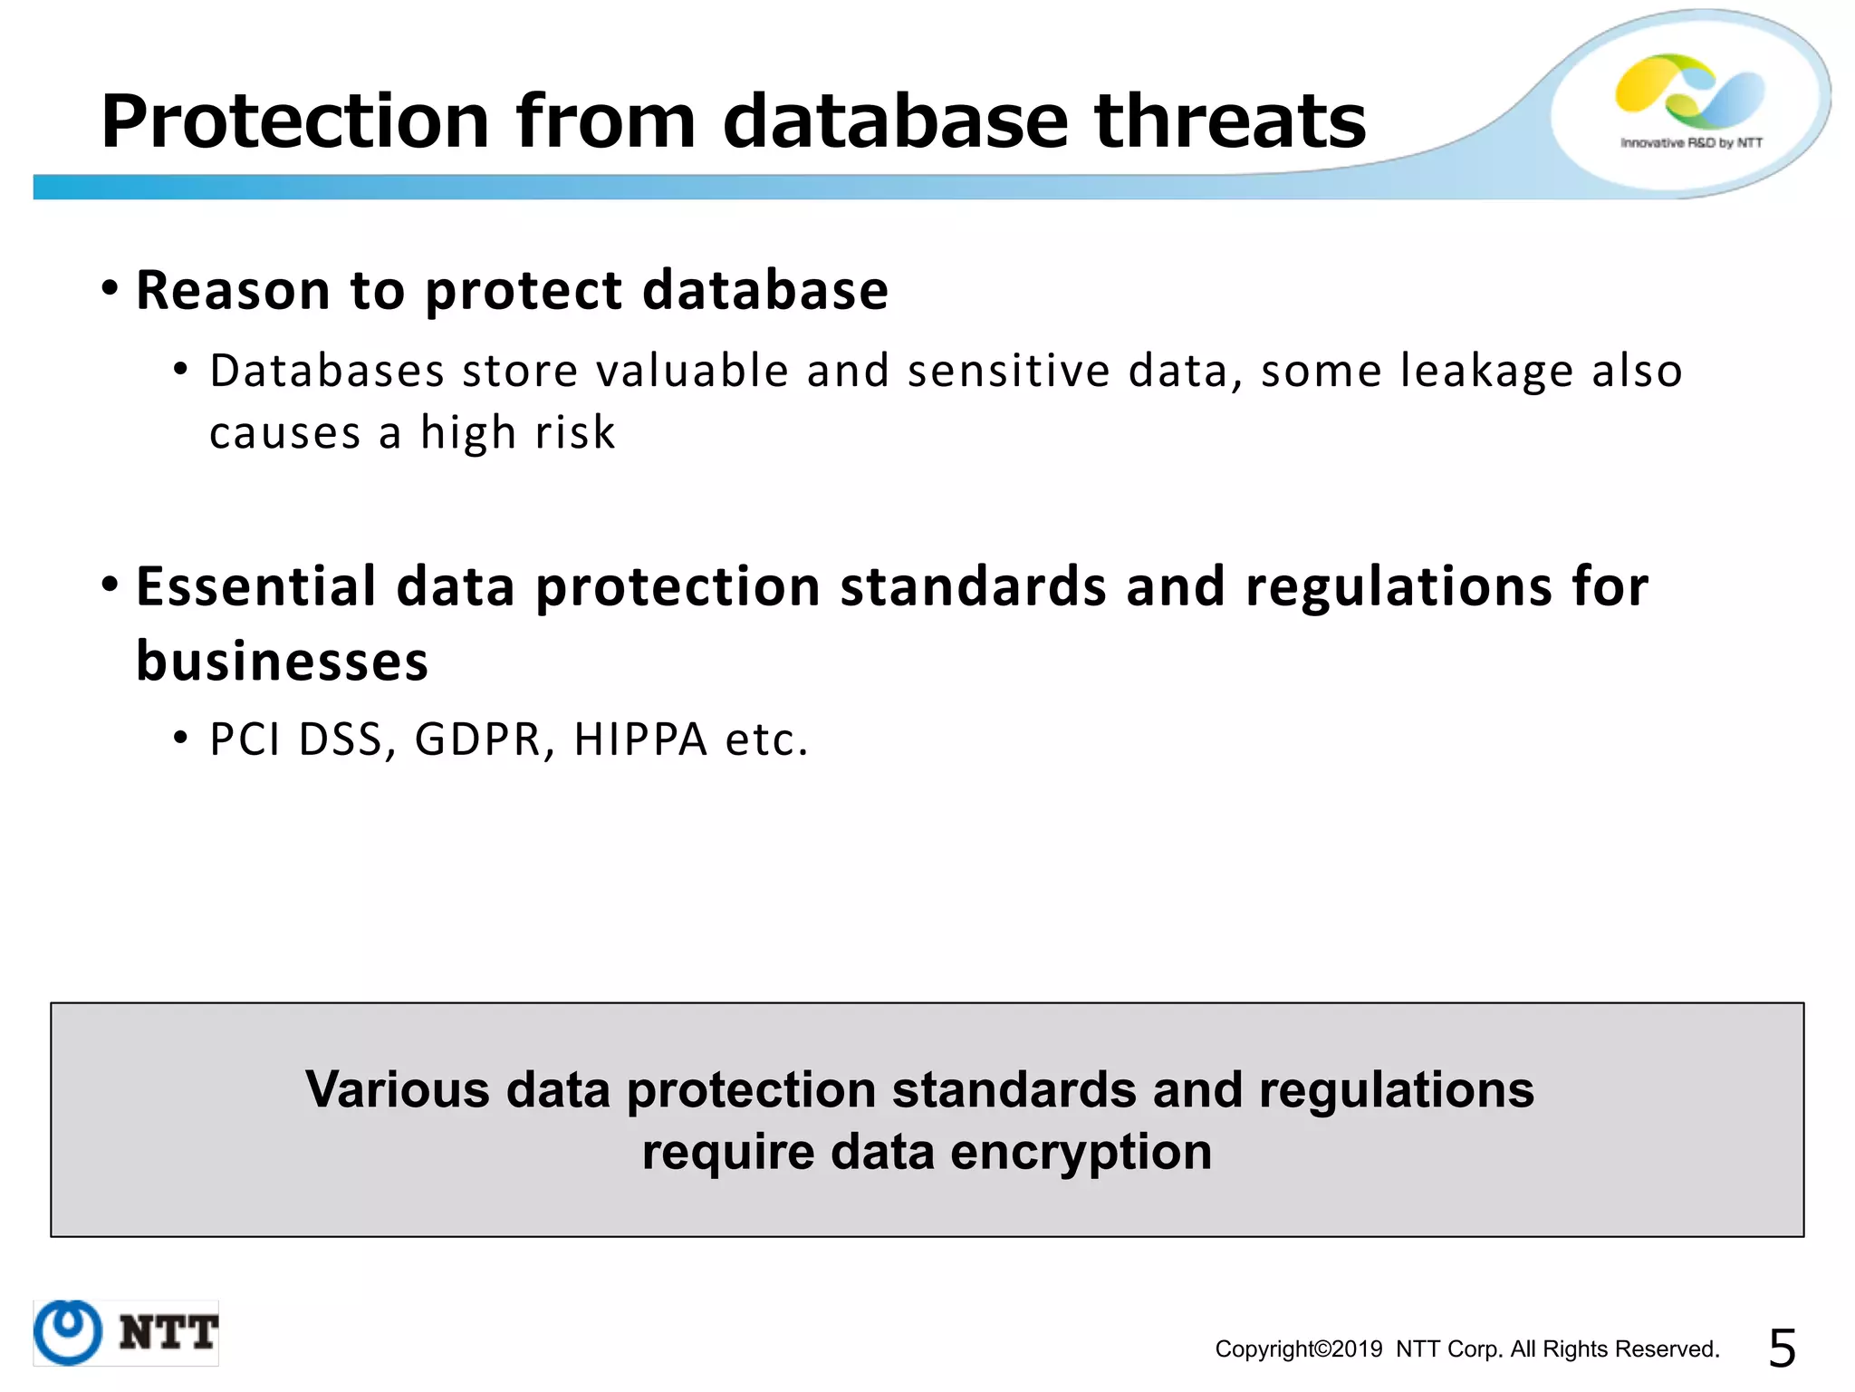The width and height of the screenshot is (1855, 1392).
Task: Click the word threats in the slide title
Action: tap(1229, 121)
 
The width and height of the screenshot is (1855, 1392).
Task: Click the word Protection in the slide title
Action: tap(295, 121)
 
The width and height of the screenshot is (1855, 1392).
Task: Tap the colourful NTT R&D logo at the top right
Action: tap(1689, 91)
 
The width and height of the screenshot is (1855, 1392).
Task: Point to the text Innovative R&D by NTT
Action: tap(1691, 143)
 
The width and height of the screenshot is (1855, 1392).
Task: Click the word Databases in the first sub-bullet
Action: tap(327, 372)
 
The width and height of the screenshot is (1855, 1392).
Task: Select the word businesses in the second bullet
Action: tap(282, 661)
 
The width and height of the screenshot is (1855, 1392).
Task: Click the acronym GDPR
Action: tap(477, 739)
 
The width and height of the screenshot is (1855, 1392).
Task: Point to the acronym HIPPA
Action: tap(639, 739)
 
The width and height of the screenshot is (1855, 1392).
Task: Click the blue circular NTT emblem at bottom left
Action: tap(68, 1332)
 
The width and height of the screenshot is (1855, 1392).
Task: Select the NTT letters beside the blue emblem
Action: tap(168, 1332)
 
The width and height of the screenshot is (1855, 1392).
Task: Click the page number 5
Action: tap(1782, 1348)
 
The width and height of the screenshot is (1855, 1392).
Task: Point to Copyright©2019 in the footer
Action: tap(1298, 1349)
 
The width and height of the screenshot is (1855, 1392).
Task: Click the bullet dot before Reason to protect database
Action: tap(110, 289)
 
